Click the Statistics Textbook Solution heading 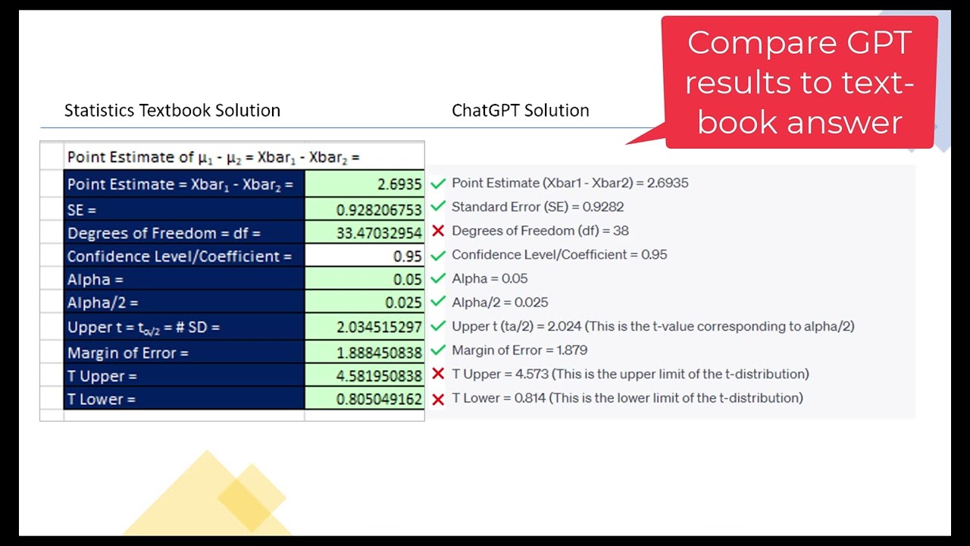[x=172, y=111]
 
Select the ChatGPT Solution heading [x=520, y=111]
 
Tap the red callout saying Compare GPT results [x=799, y=82]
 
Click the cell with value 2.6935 [x=365, y=184]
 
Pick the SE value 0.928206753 [x=365, y=209]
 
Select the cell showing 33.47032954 [x=365, y=233]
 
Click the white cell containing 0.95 [x=365, y=256]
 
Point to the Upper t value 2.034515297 [x=365, y=328]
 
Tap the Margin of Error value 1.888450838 [x=365, y=352]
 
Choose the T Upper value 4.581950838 [x=365, y=375]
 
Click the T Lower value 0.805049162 [x=365, y=399]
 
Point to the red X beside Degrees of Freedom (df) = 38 [x=437, y=231]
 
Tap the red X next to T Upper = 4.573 [x=437, y=374]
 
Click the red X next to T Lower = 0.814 [x=437, y=398]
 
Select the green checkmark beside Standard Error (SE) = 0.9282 [x=437, y=206]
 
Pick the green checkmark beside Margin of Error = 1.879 [x=437, y=350]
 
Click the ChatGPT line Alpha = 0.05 [x=490, y=278]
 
